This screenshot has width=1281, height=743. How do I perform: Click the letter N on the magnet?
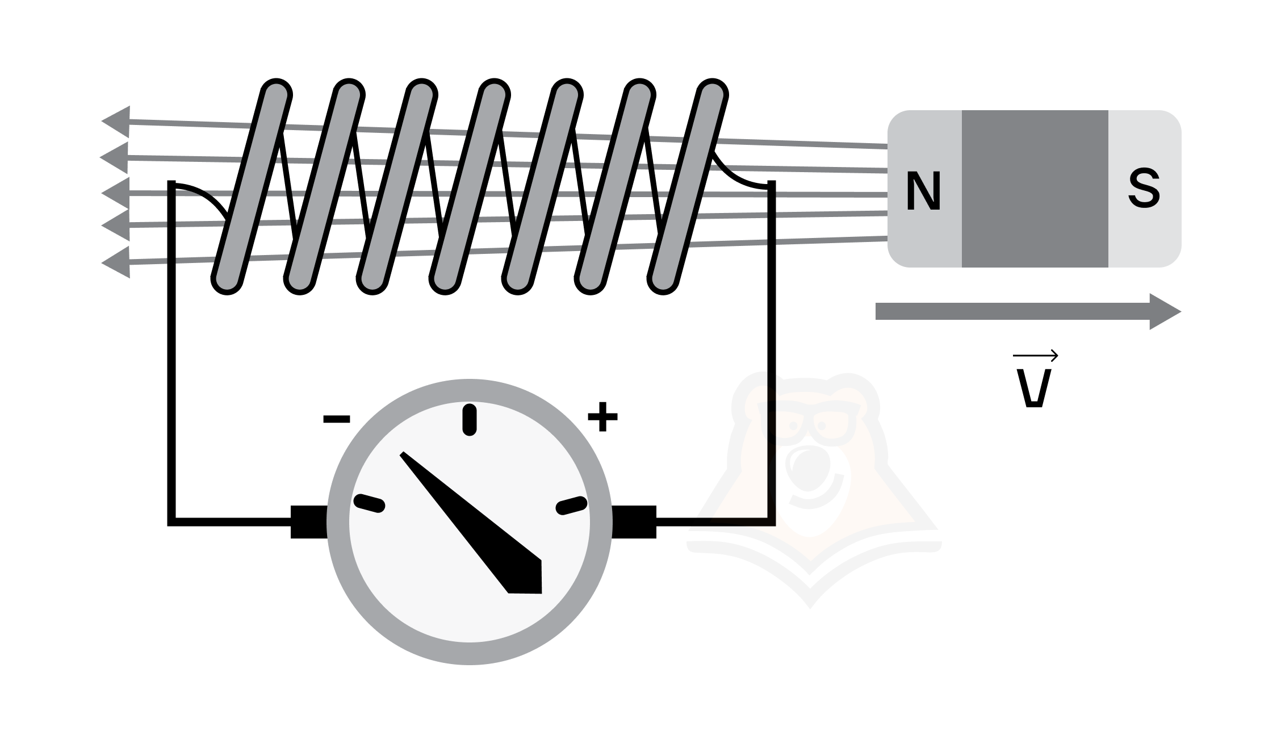[x=923, y=190]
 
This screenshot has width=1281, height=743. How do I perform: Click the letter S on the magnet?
[x=1144, y=190]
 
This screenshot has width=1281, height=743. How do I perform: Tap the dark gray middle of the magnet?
[x=1035, y=189]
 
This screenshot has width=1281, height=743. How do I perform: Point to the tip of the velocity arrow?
[x=1181, y=311]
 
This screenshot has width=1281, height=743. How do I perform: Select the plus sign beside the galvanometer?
[x=602, y=417]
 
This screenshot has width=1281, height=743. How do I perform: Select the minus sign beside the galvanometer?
[x=337, y=419]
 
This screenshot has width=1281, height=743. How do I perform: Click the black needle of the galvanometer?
[x=471, y=523]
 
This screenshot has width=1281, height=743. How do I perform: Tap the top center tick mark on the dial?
[x=470, y=420]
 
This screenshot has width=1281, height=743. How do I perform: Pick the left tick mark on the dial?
[x=370, y=503]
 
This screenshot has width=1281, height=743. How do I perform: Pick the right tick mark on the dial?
[x=571, y=505]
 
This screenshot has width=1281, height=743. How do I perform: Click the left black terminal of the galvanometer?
[x=309, y=521]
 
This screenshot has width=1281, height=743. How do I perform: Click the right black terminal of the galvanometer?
[x=633, y=521]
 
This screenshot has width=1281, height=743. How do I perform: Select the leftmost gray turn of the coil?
[x=252, y=187]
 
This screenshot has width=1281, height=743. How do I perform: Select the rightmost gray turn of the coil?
[x=688, y=187]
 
